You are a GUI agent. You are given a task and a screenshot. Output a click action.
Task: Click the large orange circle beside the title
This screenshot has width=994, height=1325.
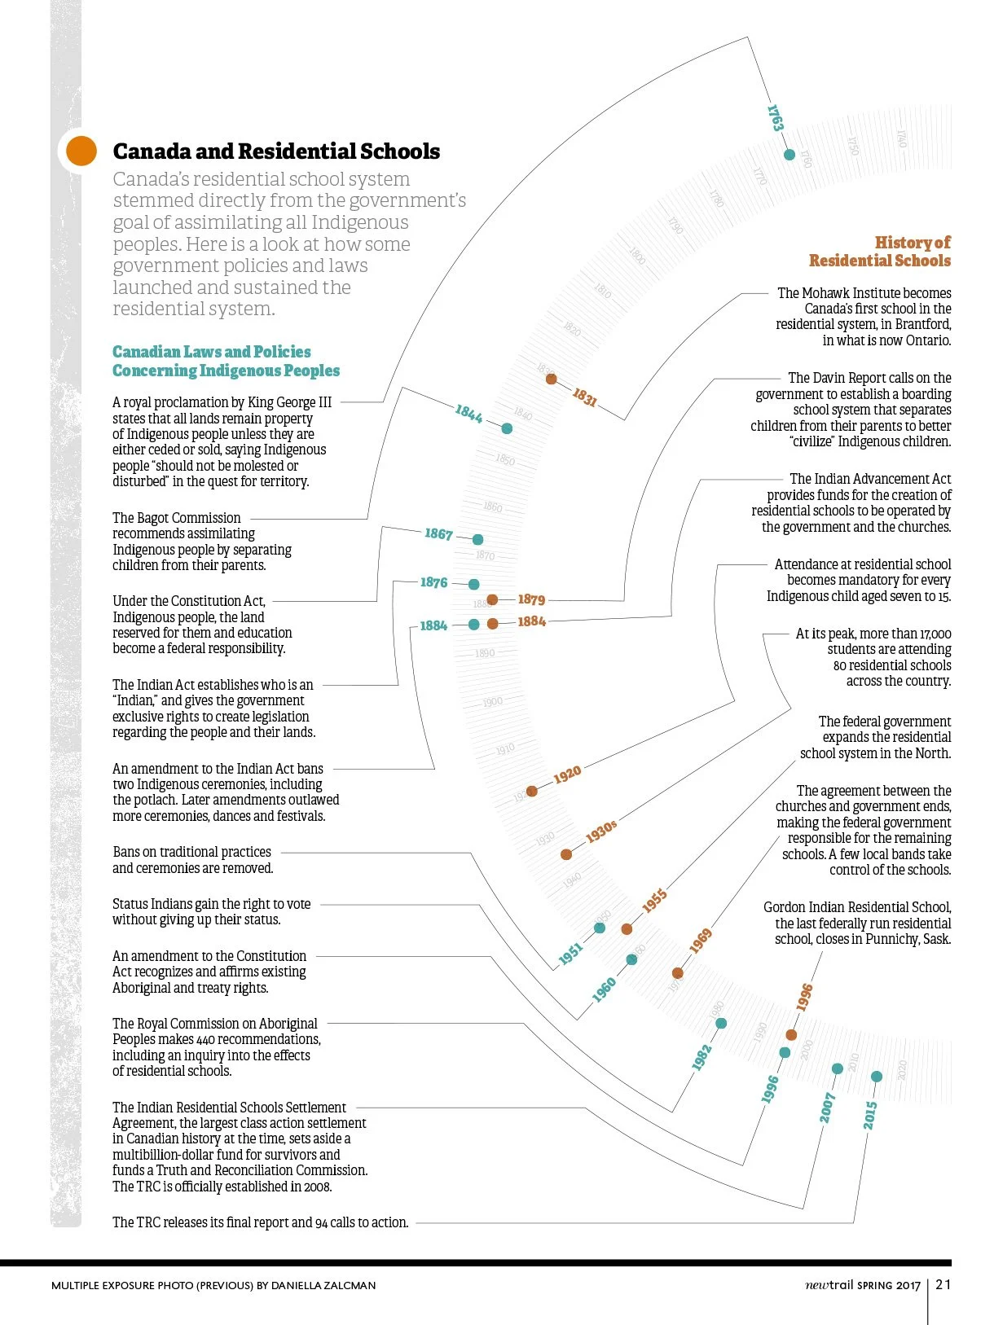(x=81, y=151)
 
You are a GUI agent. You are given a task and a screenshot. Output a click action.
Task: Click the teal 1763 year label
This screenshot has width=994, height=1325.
(x=775, y=118)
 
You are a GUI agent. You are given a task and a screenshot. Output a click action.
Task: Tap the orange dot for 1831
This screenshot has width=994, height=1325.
(x=552, y=379)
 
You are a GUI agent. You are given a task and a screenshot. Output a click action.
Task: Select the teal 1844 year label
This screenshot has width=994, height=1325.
(x=468, y=414)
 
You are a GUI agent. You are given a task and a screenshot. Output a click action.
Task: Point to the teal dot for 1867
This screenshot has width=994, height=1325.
(x=478, y=539)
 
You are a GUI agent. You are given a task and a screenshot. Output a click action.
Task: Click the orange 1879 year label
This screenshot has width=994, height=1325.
(x=531, y=599)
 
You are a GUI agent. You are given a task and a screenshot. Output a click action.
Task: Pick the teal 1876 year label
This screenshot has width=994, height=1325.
(x=433, y=582)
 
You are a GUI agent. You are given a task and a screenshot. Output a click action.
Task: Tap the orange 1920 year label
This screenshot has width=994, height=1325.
(x=567, y=774)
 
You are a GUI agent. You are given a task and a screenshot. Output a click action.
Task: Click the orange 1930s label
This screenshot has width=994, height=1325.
(x=601, y=831)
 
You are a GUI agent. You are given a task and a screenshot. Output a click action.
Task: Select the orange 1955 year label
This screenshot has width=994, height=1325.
(x=654, y=901)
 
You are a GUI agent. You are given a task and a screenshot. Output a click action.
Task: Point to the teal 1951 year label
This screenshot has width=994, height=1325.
(x=570, y=954)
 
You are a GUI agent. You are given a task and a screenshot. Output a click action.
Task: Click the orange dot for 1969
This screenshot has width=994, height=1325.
(x=677, y=972)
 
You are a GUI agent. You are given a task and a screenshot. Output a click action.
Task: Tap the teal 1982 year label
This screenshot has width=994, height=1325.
(x=702, y=1056)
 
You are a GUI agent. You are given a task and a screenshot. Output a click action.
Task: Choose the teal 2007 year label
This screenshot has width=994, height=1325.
(x=828, y=1108)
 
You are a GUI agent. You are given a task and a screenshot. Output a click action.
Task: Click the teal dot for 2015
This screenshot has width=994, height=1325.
(x=877, y=1077)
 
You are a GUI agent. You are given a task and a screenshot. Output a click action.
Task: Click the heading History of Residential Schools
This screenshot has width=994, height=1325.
(x=880, y=252)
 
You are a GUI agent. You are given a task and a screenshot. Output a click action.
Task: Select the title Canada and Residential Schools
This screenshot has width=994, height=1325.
(x=276, y=151)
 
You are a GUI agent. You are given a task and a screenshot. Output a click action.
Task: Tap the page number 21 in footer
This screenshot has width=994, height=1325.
(x=943, y=1284)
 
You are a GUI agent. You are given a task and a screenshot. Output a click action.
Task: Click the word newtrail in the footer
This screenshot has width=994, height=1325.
(x=829, y=1285)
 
